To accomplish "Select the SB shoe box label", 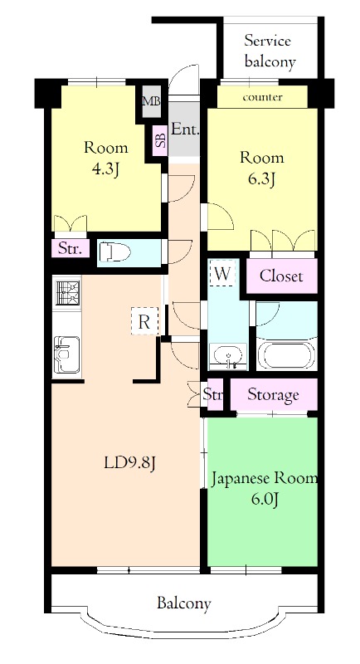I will (159, 139).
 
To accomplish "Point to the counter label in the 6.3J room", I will (262, 98).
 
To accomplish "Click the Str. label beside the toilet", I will (68, 247).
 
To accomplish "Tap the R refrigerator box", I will (144, 322).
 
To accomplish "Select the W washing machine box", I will (221, 273).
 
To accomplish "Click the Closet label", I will (280, 276).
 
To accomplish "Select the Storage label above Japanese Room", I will (273, 394).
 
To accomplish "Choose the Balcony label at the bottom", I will (183, 603).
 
